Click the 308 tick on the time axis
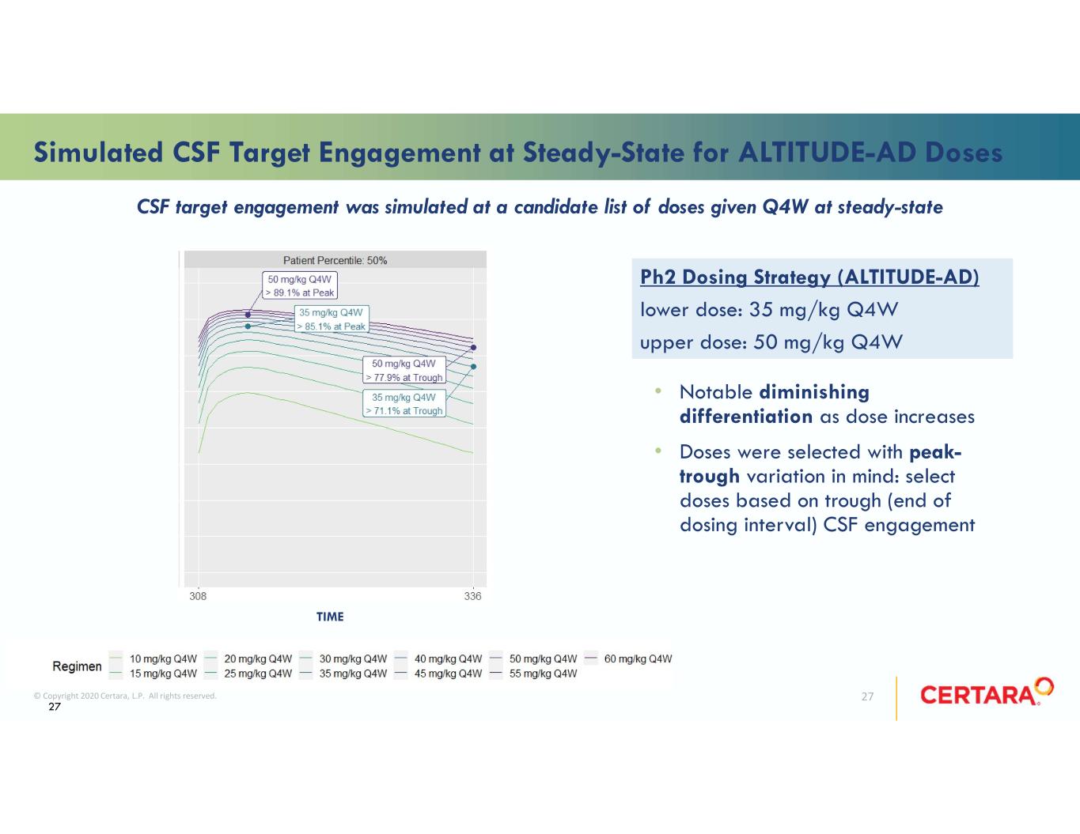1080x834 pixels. (198, 596)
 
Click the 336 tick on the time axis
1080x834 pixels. (472, 596)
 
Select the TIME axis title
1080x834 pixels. (330, 617)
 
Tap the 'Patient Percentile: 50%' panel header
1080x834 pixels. (335, 260)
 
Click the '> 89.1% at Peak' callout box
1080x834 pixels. (300, 285)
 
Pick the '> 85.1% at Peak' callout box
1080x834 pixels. (332, 319)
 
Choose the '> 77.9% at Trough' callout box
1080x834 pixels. (404, 370)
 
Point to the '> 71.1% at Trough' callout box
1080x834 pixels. (404, 404)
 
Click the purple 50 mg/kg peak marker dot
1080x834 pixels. (248, 315)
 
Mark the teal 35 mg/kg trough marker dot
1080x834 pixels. (474, 366)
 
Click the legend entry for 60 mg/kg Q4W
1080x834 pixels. (628, 659)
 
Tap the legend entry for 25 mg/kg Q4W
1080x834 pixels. (248, 674)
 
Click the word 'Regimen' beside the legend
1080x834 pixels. (77, 666)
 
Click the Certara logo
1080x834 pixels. (987, 692)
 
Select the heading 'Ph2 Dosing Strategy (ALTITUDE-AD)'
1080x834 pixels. (809, 277)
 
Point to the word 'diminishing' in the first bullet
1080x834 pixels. (815, 393)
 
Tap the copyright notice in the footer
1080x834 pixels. (125, 696)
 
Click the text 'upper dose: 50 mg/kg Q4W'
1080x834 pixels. (771, 342)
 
